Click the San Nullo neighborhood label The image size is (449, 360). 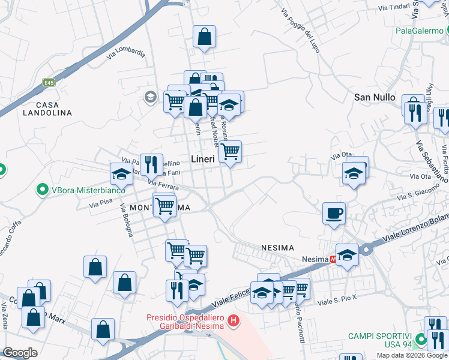(x=375, y=97)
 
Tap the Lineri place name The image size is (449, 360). (x=203, y=159)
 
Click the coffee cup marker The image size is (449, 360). (x=334, y=213)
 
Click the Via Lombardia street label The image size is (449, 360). (x=126, y=53)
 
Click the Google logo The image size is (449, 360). (x=19, y=353)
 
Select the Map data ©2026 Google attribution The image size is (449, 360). (x=412, y=355)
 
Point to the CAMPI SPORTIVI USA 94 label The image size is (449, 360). (x=378, y=340)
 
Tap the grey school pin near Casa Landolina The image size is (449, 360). (x=150, y=97)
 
